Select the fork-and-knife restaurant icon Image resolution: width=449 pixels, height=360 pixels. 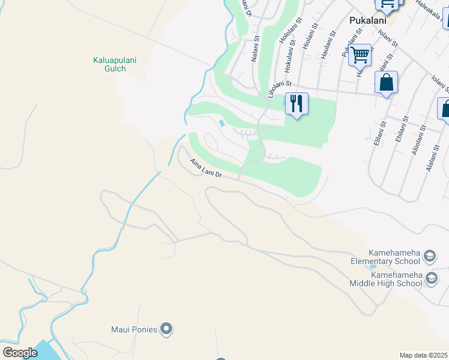pos(296,103)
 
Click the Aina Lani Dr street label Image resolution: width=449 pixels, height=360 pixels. pos(206,169)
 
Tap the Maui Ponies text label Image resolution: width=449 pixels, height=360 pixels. pos(134,329)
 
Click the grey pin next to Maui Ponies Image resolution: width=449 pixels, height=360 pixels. pos(167,329)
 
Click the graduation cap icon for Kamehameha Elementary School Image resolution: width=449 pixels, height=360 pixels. pos(429,257)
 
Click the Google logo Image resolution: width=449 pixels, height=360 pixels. pos(20,353)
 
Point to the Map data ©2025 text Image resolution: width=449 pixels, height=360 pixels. pos(423,355)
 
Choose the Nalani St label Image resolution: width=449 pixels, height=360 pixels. pos(255,49)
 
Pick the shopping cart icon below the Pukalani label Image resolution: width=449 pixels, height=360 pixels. pos(360,56)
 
